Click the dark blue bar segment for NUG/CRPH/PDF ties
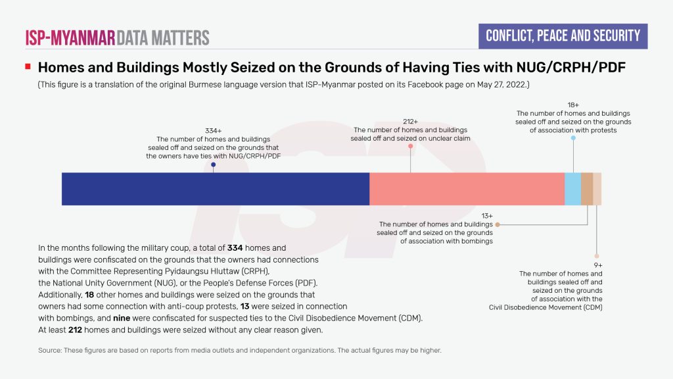216,189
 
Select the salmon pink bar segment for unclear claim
467,189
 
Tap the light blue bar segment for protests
572,189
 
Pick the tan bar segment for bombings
587,189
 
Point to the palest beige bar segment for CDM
597,189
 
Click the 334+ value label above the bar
213,131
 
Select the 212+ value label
410,122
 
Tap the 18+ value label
573,105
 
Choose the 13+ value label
486,216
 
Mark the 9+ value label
597,265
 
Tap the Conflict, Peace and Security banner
563,36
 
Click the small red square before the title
28,66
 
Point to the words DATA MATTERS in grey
164,38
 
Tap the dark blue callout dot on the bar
213,165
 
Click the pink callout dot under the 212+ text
410,146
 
